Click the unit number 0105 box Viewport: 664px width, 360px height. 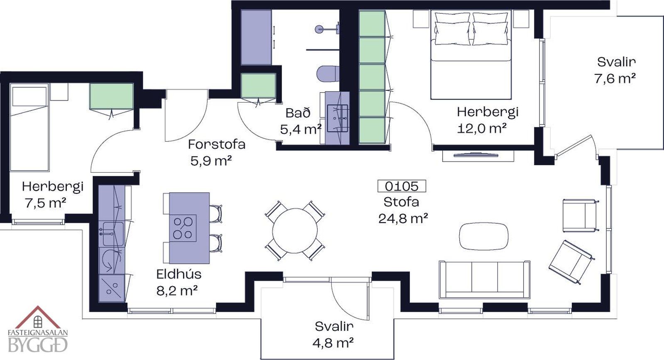click(402, 186)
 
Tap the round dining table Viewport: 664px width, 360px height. click(295, 231)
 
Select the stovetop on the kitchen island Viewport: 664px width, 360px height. click(183, 228)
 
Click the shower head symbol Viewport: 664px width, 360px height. click(319, 29)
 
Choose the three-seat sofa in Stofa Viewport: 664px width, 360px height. click(484, 280)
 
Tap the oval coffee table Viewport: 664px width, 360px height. click(484, 236)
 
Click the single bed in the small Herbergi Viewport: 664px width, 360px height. click(29, 127)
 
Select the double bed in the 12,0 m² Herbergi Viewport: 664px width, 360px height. click(471, 55)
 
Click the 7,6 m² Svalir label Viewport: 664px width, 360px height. click(616, 71)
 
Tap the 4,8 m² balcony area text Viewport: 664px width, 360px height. click(333, 343)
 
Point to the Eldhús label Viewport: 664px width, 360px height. click(179, 274)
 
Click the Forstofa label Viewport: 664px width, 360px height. click(217, 144)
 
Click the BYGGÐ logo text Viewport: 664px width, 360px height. click(38, 345)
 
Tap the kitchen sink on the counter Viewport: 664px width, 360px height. click(113, 234)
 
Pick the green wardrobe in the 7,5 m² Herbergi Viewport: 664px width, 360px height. click(111, 96)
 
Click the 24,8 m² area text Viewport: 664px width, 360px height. click(403, 219)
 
